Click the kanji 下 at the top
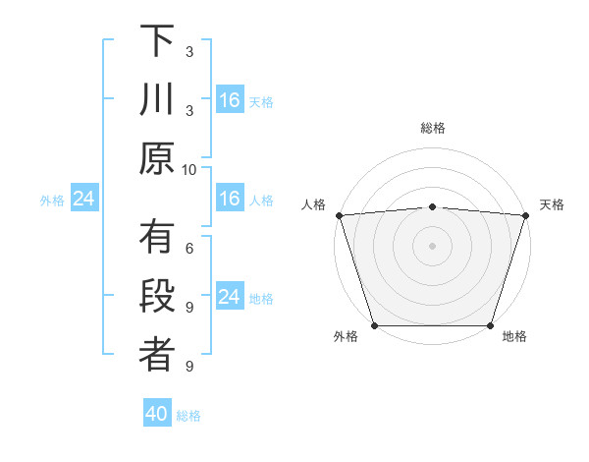tap(157, 40)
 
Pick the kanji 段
tap(157, 298)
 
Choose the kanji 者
tap(157, 357)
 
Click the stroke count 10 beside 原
tap(189, 169)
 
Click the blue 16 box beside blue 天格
tap(230, 100)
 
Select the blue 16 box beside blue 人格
tap(230, 200)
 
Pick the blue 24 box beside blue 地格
tap(230, 298)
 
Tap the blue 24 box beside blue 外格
tap(83, 200)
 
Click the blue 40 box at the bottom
tap(157, 415)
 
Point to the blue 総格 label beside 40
tap(188, 416)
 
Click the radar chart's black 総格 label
tap(432, 128)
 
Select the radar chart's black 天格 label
tap(553, 204)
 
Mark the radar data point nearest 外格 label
tap(374, 325)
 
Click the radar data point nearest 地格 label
tap(490, 325)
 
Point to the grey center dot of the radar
tap(432, 245)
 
